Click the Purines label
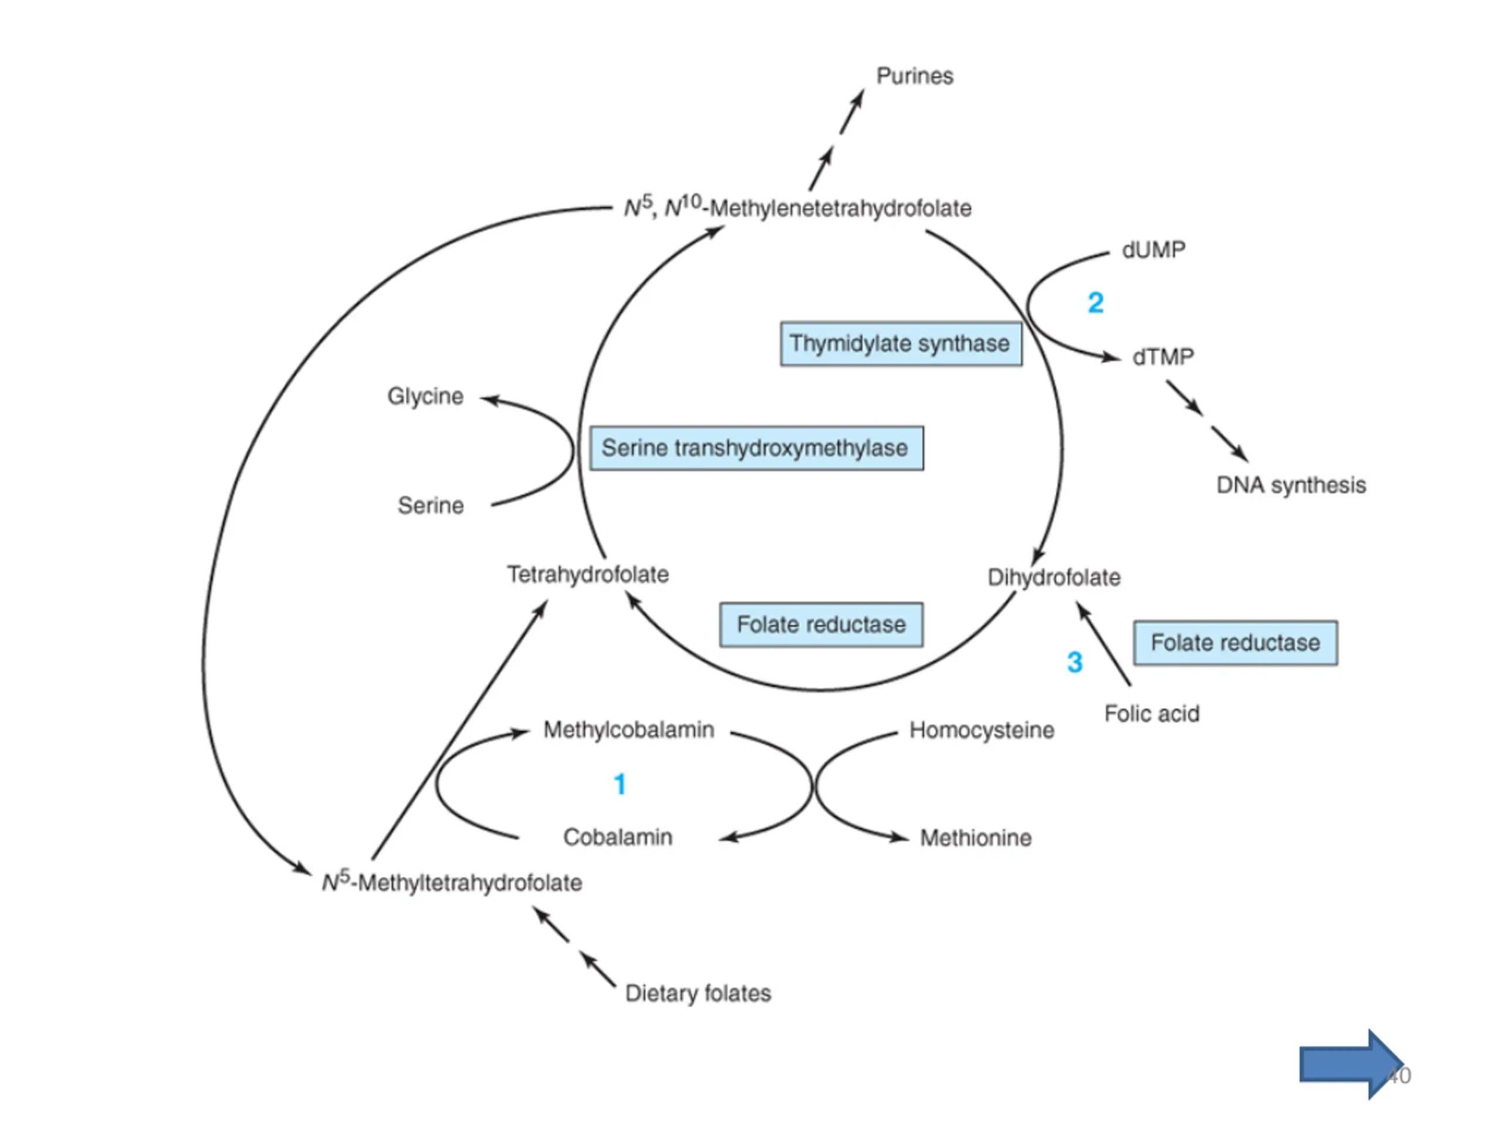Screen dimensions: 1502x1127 (915, 76)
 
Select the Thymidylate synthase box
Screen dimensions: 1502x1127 (901, 344)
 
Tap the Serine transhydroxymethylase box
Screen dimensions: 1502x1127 (756, 448)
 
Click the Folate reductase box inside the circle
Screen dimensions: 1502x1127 (821, 625)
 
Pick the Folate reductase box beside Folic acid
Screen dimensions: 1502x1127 (1236, 643)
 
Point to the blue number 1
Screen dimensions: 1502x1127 (619, 785)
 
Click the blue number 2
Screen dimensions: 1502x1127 (1096, 303)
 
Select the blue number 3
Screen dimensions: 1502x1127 (1075, 662)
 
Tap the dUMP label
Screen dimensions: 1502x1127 (1153, 250)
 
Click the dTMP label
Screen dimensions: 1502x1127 (1163, 357)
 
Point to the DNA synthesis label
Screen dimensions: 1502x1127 (1291, 485)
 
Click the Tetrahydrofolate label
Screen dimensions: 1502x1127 (588, 575)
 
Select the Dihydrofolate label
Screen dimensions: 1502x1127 (1054, 578)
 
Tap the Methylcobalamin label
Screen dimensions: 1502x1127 (629, 730)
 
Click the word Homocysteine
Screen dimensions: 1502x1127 (982, 730)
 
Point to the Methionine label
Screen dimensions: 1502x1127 (976, 838)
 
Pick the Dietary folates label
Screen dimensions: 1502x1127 (698, 993)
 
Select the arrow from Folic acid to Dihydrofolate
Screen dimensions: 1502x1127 (1104, 644)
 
